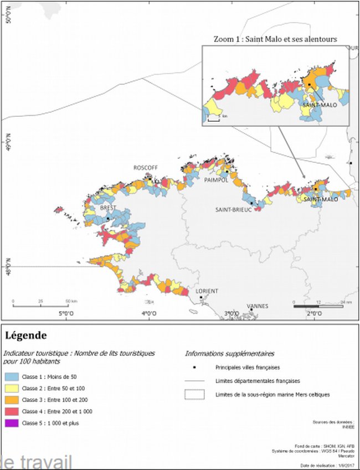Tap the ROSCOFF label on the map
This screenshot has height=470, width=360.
point(145,168)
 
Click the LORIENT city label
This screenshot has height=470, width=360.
point(207,291)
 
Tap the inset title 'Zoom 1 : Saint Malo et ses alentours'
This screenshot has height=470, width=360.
point(275,39)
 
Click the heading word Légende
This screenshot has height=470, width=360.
point(25,335)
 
